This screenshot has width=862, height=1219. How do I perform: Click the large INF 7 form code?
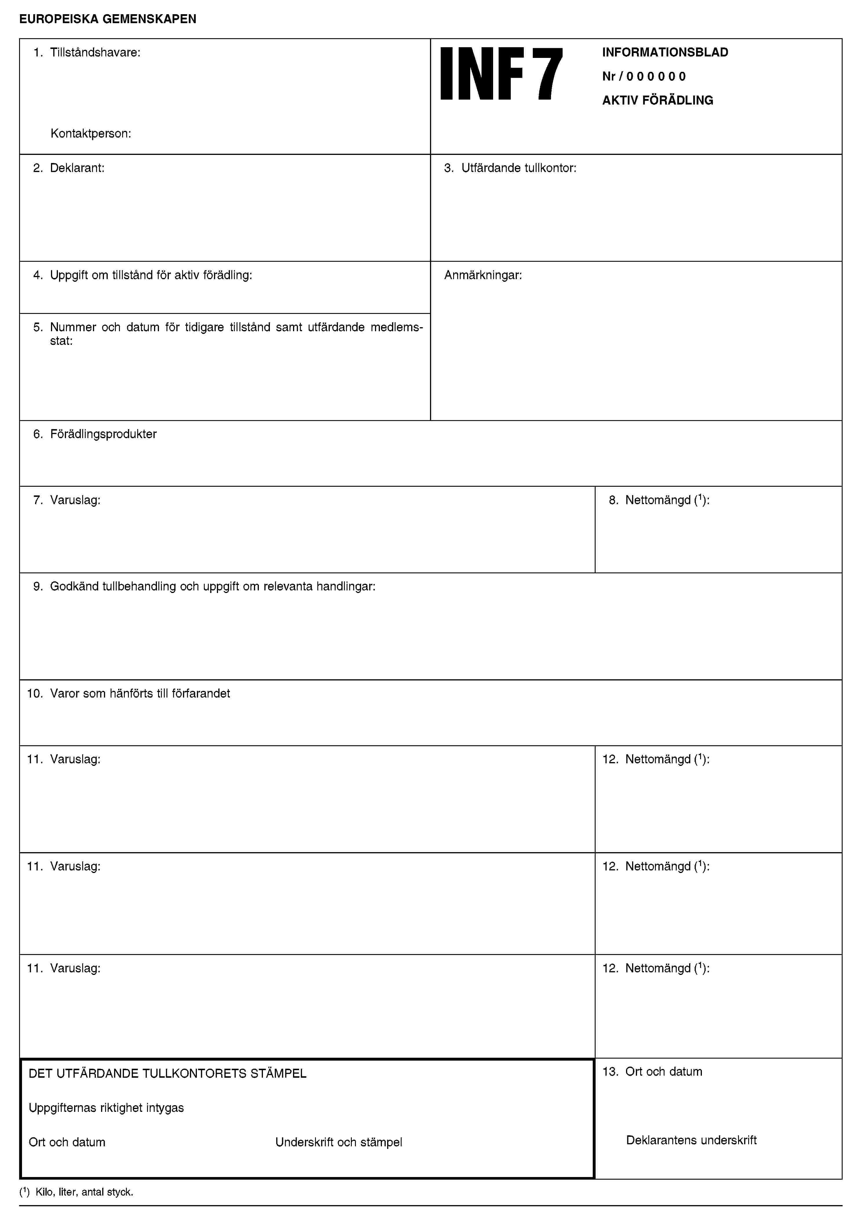click(501, 74)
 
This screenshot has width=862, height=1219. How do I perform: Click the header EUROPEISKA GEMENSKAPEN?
click(108, 19)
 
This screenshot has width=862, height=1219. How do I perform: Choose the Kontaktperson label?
click(91, 134)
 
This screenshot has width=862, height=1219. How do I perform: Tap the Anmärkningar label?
click(483, 275)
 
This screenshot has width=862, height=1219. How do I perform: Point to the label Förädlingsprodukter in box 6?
click(103, 434)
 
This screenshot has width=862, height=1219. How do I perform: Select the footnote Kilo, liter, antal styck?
click(84, 1192)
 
